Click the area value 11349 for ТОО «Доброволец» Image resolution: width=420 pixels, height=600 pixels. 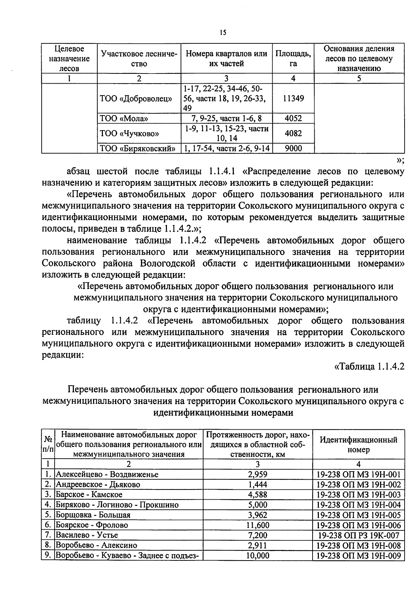(293, 98)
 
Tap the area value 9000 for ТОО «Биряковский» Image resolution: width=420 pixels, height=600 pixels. (293, 148)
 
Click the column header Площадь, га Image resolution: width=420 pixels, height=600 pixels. (293, 58)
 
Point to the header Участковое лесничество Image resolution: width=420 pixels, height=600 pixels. (139, 58)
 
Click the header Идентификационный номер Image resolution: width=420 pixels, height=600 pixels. (358, 444)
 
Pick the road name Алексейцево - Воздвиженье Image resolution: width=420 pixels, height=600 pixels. (107, 474)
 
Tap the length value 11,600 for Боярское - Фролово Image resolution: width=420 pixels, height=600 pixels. (258, 525)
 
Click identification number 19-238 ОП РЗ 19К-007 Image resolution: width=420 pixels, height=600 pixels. (358, 535)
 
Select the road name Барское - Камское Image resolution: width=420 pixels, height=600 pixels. (89, 495)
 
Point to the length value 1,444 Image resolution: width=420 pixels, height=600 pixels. (258, 485)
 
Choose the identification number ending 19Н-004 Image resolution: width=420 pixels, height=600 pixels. (358, 505)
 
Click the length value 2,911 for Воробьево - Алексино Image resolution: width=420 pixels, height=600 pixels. (258, 545)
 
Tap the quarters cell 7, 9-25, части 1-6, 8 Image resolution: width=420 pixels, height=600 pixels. (226, 118)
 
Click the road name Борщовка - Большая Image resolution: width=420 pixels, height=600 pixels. (93, 515)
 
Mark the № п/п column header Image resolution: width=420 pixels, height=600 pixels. (48, 444)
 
